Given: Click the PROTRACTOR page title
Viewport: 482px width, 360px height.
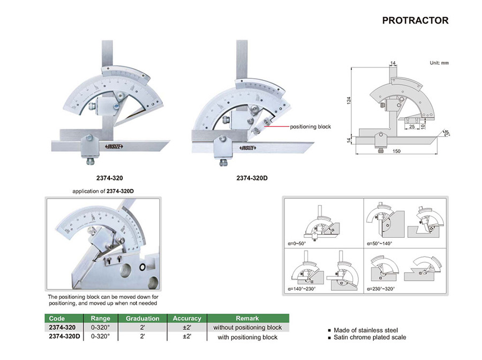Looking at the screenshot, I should point(415,21).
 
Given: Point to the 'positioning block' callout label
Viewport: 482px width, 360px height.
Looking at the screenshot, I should point(311,127).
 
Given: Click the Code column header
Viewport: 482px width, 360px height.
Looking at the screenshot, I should point(57,318).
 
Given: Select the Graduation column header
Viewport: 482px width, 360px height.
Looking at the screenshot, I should point(142,318).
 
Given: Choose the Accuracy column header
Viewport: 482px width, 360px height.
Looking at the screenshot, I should point(187,318).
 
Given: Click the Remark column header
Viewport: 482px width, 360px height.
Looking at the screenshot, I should point(247,318).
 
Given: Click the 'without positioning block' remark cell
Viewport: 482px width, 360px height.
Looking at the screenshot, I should point(247,327).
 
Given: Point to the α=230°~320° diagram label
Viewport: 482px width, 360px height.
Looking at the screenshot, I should point(385,288).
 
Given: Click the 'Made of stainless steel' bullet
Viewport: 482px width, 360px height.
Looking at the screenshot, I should point(366,330).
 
